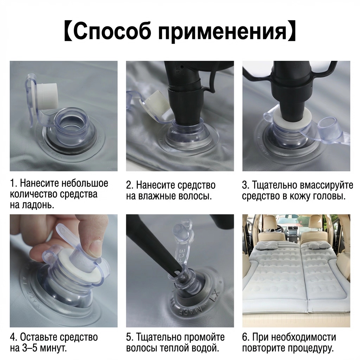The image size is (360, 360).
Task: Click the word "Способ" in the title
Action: tap(112, 32)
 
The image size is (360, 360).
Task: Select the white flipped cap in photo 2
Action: tap(156, 104)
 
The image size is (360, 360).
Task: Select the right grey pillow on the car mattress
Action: tap(317, 246)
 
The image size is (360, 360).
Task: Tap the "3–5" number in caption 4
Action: tap(30, 348)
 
